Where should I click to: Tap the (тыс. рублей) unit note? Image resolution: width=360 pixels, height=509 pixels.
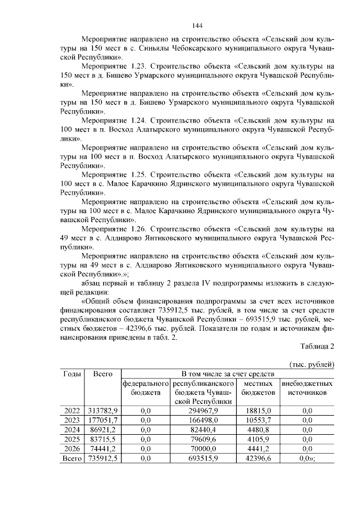coord(312,364)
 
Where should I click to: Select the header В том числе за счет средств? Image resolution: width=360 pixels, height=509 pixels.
coord(228,374)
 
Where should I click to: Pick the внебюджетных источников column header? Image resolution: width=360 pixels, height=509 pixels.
coord(307,388)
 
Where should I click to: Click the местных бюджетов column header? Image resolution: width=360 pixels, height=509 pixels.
coord(259,388)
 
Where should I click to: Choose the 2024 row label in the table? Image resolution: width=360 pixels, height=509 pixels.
coord(73,430)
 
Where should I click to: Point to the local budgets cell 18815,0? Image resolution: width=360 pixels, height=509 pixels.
coord(259,411)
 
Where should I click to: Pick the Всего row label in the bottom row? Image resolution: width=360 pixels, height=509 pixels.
coord(73,459)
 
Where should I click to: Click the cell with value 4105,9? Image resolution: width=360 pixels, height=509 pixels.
coord(259,440)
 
